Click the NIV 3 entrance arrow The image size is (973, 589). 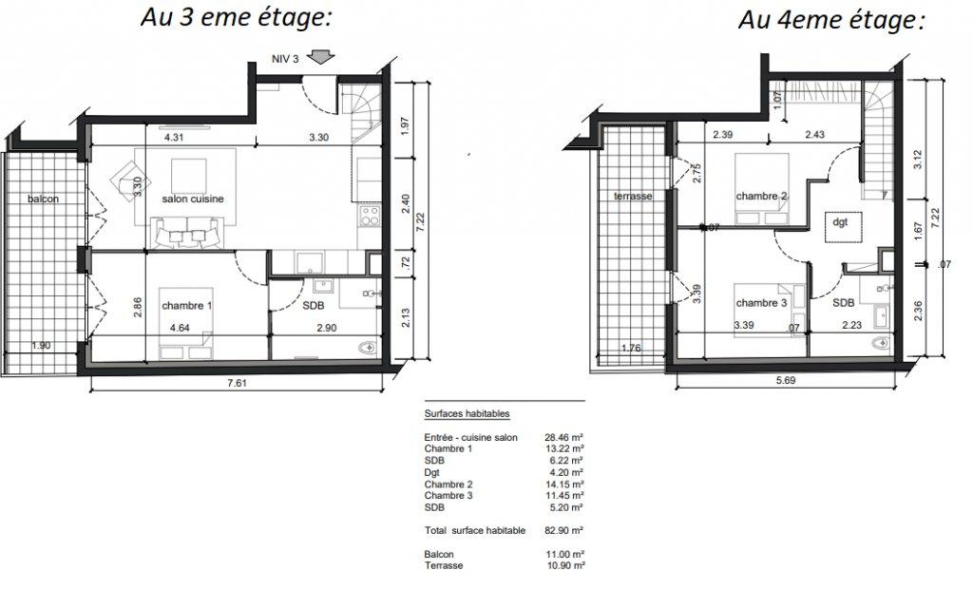(x=321, y=57)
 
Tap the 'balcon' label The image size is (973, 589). (x=44, y=199)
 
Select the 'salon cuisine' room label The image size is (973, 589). (x=193, y=199)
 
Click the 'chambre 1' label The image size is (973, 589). (x=183, y=306)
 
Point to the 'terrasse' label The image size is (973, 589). (x=633, y=196)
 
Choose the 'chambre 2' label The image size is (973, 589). (x=761, y=196)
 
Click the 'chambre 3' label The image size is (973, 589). (x=761, y=303)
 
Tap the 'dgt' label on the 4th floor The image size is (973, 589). (x=840, y=222)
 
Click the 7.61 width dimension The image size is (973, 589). (x=237, y=383)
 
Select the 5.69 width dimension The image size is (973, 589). (x=786, y=380)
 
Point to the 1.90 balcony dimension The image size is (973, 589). (x=41, y=346)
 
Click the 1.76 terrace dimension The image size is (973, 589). (x=631, y=349)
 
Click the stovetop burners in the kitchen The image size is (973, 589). (x=371, y=217)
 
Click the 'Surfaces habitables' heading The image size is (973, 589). (x=467, y=413)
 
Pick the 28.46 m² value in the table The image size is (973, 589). (x=563, y=438)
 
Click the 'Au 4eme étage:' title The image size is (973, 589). (x=831, y=20)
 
